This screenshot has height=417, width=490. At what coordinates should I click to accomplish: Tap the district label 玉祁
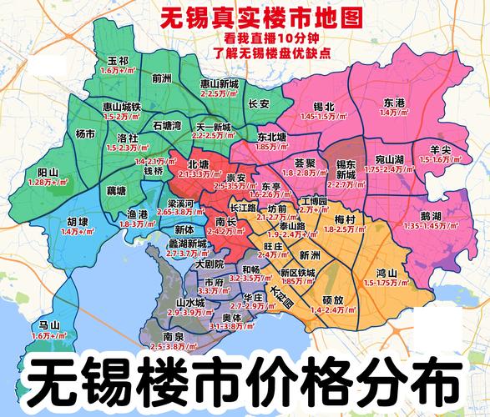(x=118, y=62)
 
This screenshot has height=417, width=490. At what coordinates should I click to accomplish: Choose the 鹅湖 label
(x=431, y=215)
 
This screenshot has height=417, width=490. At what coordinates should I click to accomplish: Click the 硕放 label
(x=332, y=299)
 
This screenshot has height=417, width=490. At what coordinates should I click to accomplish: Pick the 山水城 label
(x=190, y=302)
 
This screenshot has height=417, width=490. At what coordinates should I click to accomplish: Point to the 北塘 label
(x=199, y=165)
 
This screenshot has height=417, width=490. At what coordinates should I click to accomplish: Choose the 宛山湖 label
(x=389, y=158)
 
